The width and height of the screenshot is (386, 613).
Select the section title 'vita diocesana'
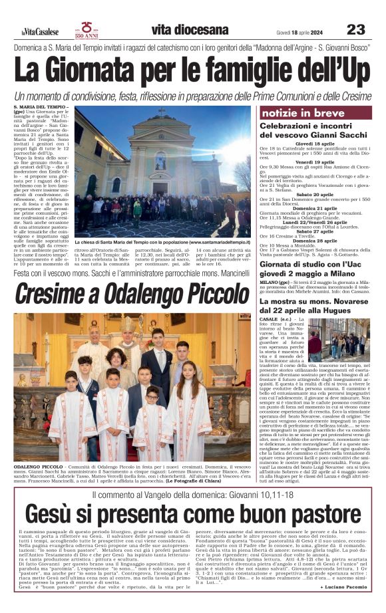190,30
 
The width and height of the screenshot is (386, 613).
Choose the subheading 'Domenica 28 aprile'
315,241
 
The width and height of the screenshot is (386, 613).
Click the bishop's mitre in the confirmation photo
127,324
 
